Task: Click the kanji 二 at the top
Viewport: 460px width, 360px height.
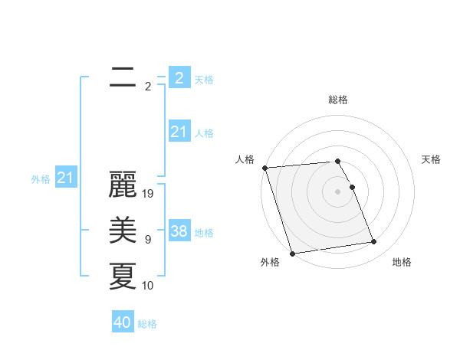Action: (x=123, y=78)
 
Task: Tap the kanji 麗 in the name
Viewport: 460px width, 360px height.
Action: (x=123, y=186)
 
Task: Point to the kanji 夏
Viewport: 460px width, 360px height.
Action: (x=123, y=277)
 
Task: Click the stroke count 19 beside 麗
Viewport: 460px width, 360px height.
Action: (x=149, y=194)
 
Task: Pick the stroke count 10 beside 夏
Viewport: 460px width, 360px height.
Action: (x=148, y=285)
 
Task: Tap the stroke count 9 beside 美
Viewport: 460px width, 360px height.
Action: (x=147, y=240)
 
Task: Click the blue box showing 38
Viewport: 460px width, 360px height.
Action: (x=179, y=231)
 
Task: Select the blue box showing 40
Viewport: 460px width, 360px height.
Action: (x=123, y=322)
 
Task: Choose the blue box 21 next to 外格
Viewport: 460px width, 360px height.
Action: (x=66, y=178)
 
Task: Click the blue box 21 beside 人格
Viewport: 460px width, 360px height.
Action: (x=179, y=132)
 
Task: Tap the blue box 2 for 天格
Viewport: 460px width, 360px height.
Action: (x=179, y=77)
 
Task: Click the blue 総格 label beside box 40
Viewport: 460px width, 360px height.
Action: (x=147, y=324)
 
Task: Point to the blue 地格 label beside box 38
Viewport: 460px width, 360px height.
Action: (x=205, y=232)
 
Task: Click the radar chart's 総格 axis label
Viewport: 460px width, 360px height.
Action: (x=338, y=100)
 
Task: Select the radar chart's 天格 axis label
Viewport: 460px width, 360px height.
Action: (x=432, y=159)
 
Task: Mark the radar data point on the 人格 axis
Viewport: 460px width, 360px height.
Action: (x=264, y=168)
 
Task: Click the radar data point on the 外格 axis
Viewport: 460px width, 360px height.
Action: (x=292, y=253)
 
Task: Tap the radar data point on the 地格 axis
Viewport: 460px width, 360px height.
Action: (x=373, y=242)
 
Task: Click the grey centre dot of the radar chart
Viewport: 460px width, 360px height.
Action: (x=338, y=191)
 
